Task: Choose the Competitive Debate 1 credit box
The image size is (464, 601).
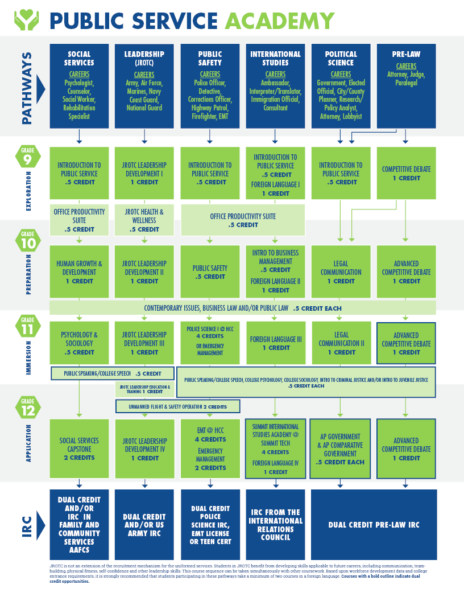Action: tap(406, 173)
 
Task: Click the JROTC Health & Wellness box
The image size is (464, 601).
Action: tap(144, 220)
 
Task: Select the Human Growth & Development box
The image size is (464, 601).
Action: tap(79, 272)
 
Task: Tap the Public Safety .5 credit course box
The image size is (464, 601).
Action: tap(210, 272)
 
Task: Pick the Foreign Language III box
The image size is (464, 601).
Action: tap(275, 343)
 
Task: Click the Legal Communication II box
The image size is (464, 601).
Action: tap(341, 343)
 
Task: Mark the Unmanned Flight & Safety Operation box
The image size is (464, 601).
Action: tap(177, 406)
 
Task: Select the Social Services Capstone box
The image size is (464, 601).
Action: tap(79, 449)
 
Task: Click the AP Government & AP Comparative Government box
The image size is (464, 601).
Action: tap(341, 449)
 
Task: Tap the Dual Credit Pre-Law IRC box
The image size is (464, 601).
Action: tap(374, 525)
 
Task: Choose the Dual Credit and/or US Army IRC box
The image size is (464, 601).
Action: tap(144, 525)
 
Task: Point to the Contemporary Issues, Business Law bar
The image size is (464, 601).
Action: tap(243, 308)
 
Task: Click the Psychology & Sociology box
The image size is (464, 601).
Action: tap(79, 343)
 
